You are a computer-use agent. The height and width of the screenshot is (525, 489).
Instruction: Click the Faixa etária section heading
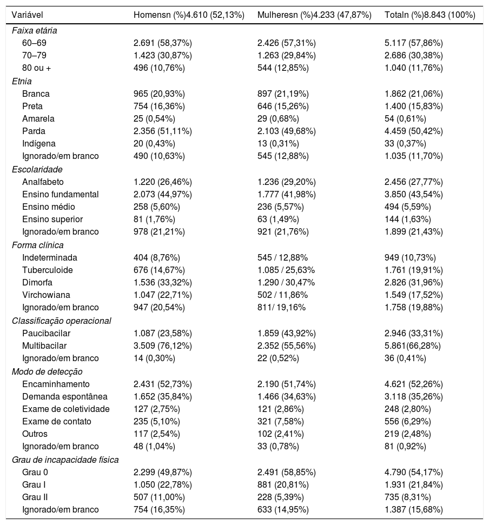[35, 31]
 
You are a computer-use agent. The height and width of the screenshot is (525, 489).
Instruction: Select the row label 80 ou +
[37, 68]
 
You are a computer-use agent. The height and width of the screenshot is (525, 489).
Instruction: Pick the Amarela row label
[38, 118]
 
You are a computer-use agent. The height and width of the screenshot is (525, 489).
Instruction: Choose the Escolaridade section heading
[35, 169]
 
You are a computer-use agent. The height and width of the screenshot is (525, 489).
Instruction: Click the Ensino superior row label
[52, 219]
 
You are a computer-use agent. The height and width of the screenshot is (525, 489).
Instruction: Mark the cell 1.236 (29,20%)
[287, 182]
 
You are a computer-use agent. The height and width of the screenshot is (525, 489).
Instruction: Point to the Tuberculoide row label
[48, 270]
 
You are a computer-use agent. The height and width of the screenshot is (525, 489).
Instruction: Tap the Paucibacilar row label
[47, 333]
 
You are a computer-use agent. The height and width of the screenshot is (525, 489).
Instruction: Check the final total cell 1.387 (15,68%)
[413, 509]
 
